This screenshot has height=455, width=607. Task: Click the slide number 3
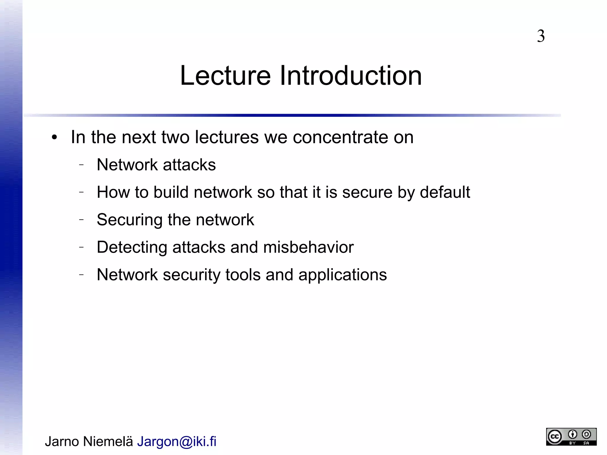tap(541, 36)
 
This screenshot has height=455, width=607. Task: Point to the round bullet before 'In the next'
tap(54, 138)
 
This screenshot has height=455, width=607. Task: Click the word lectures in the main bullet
tap(227, 137)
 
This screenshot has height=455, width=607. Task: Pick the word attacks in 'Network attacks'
tap(189, 165)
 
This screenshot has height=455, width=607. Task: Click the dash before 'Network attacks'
tap(82, 165)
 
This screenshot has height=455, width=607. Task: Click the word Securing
tap(130, 220)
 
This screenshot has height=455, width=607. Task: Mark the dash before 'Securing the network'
tap(82, 220)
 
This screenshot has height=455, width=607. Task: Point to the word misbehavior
tap(308, 247)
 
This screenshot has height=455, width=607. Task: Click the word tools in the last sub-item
tap(243, 275)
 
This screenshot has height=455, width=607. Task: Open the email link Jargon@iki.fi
tap(177, 441)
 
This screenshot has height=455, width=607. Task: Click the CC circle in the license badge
tap(555, 437)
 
